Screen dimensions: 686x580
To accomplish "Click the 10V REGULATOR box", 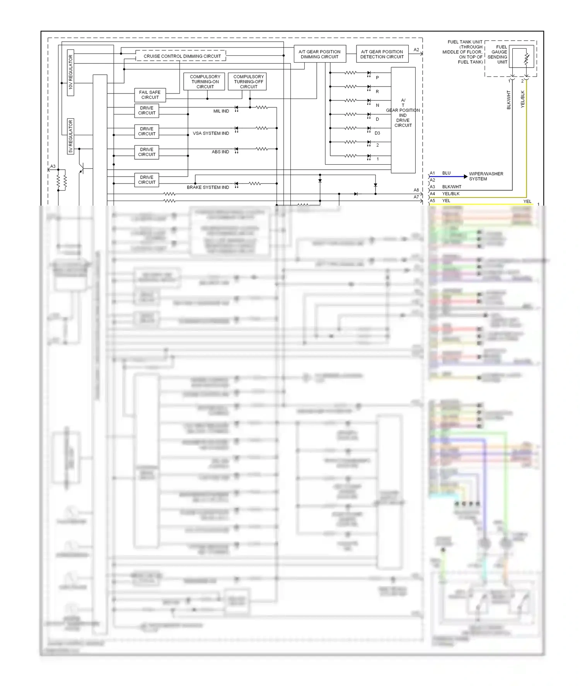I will pyautogui.click(x=70, y=72).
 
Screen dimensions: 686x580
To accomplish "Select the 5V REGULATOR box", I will pyautogui.click(x=70, y=136).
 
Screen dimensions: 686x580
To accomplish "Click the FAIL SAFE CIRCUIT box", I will pyautogui.click(x=150, y=95).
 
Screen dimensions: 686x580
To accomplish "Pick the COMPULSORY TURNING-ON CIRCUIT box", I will pyautogui.click(x=205, y=82).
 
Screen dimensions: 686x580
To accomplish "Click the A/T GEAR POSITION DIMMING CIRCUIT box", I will pyautogui.click(x=319, y=54).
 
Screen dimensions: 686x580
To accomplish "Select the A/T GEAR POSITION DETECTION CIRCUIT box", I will pyautogui.click(x=382, y=54).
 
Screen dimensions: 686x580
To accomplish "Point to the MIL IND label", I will pyautogui.click(x=221, y=111).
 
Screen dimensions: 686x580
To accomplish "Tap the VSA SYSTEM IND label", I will pyautogui.click(x=211, y=133).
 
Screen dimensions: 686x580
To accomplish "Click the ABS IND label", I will pyautogui.click(x=220, y=152).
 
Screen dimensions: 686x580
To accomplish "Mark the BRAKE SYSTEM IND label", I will pyautogui.click(x=208, y=187).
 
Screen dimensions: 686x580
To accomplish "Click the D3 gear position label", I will pyautogui.click(x=377, y=133).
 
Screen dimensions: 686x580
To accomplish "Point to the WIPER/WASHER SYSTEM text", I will pyautogui.click(x=486, y=176).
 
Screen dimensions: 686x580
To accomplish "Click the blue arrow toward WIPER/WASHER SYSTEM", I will pyautogui.click(x=465, y=177).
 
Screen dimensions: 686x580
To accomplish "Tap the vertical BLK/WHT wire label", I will pyautogui.click(x=508, y=100).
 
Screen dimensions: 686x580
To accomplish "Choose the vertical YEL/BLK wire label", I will pyautogui.click(x=522, y=99).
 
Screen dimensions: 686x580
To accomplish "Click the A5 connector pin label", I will pyautogui.click(x=432, y=201).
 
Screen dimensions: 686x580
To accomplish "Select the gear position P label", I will pyautogui.click(x=377, y=78).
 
